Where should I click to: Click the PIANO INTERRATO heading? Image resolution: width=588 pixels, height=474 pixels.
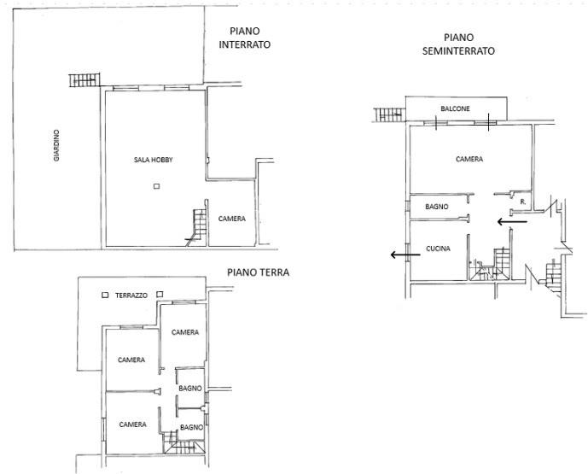pos(244,38)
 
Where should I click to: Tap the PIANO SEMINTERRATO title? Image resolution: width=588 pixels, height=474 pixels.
pos(458,44)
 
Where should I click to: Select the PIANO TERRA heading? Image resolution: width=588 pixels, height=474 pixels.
pos(258,272)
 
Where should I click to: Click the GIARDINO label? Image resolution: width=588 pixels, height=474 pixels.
pos(56,145)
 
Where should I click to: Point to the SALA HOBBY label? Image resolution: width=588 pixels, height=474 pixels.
pos(154,160)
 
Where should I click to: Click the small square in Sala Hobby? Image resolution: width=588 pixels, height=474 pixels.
pos(156,186)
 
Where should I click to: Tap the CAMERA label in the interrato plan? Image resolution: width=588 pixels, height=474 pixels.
pos(232,219)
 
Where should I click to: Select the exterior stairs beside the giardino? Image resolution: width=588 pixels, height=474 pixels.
pos(84,80)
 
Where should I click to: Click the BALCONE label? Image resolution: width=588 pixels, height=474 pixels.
pos(455,108)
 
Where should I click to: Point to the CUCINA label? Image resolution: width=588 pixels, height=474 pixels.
pos(438,249)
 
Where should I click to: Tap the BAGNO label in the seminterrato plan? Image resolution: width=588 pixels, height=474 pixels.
pos(436,207)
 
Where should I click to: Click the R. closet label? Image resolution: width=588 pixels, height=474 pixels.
pos(523,202)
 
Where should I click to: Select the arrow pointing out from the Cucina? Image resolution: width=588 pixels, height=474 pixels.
pos(405,255)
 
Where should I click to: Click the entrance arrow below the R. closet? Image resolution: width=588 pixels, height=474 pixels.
pos(512,222)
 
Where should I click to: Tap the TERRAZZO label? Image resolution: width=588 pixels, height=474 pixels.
pos(131,296)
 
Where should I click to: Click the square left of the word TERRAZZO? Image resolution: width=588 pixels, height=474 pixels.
pos(105,295)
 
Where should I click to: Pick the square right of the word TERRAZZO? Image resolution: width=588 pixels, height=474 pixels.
pos(160,295)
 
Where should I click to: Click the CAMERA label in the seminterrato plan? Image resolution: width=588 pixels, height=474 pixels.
pos(469,159)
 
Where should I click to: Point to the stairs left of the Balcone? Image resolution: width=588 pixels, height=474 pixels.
pos(390,114)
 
